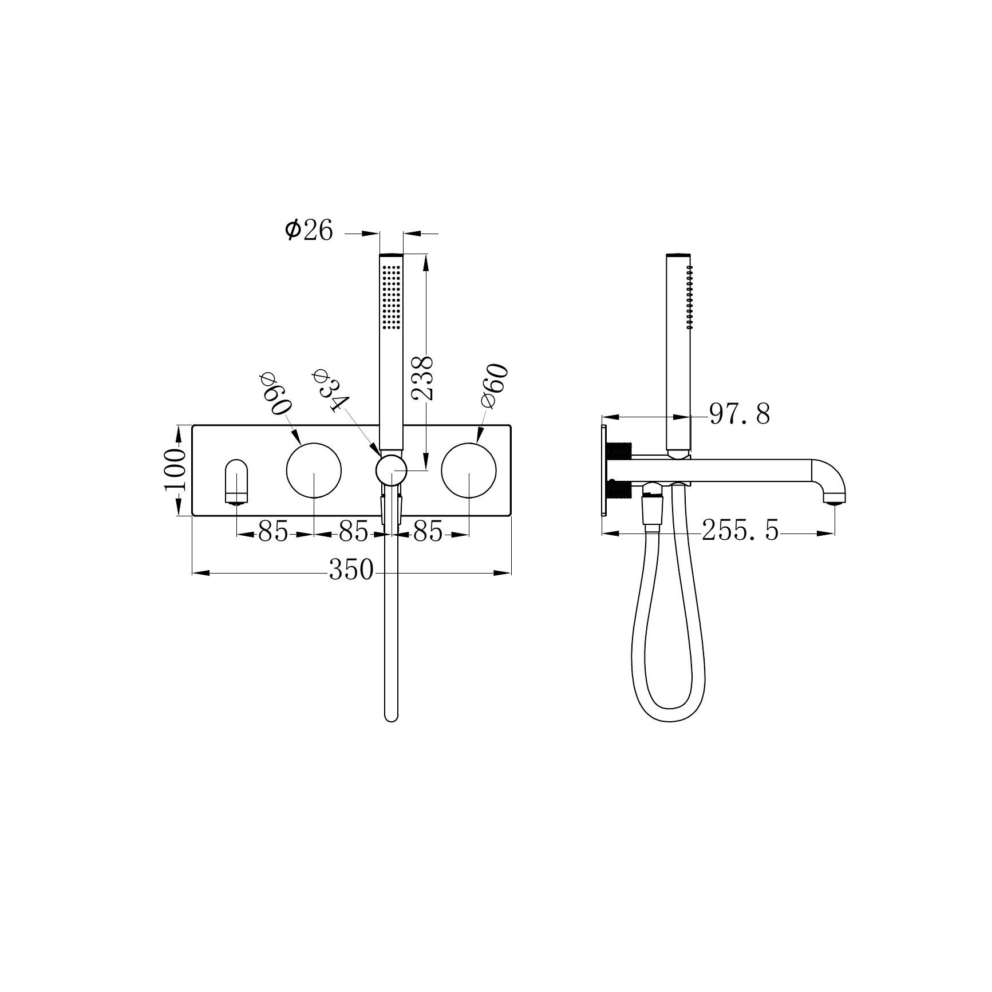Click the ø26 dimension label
(x=309, y=230)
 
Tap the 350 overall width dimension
(x=351, y=570)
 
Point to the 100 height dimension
(x=175, y=469)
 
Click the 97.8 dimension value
(x=740, y=414)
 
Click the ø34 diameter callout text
(x=331, y=390)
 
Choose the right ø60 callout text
(x=495, y=385)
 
